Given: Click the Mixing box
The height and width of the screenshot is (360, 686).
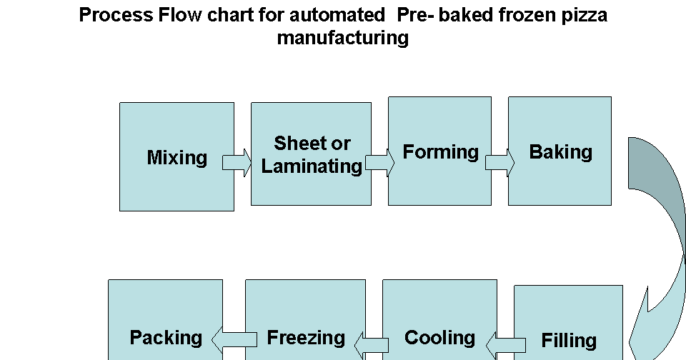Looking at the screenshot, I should pyautogui.click(x=177, y=157).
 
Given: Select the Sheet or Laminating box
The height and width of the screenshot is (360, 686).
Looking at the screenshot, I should pyautogui.click(x=311, y=154).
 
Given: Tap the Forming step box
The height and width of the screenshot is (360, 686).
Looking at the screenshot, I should pyautogui.click(x=439, y=151).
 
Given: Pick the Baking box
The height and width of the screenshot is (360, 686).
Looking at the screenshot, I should pyautogui.click(x=560, y=151).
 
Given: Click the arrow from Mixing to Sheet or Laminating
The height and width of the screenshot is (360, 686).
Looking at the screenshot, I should pyautogui.click(x=237, y=163).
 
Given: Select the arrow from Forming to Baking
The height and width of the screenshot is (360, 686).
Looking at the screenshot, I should pyautogui.click(x=499, y=163).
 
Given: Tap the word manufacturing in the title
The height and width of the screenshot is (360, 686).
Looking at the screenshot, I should pyautogui.click(x=342, y=37).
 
